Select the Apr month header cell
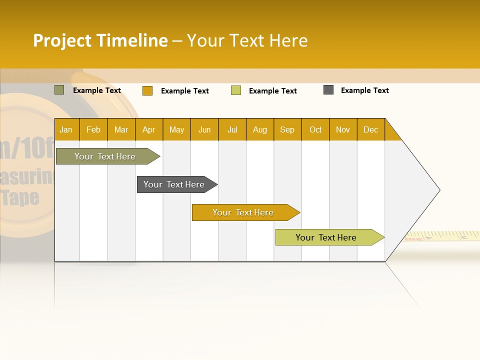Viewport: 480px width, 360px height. pyautogui.click(x=149, y=129)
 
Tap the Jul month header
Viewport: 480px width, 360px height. pyautogui.click(x=232, y=129)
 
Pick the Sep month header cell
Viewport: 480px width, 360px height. pyautogui.click(x=287, y=129)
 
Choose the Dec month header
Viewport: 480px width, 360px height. pyautogui.click(x=370, y=129)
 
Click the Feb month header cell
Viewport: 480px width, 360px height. pyautogui.click(x=93, y=129)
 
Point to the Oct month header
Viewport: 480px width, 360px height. pyautogui.click(x=315, y=129)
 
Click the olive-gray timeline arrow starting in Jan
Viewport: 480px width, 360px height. pyautogui.click(x=105, y=156)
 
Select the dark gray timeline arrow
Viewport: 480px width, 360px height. pyautogui.click(x=174, y=184)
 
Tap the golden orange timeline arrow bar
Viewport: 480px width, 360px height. pyautogui.click(x=243, y=212)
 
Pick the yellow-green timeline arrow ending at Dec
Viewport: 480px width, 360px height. pyautogui.click(x=326, y=237)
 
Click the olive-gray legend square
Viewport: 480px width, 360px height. pyautogui.click(x=59, y=90)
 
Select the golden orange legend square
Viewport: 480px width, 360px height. pyautogui.click(x=147, y=90)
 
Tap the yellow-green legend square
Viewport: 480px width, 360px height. pyautogui.click(x=236, y=90)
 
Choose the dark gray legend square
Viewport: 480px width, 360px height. pyautogui.click(x=328, y=90)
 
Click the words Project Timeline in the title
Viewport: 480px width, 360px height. pyautogui.click(x=100, y=40)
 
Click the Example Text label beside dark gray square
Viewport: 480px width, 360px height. pyautogui.click(x=364, y=90)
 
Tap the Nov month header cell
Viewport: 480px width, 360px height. pyautogui.click(x=343, y=129)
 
